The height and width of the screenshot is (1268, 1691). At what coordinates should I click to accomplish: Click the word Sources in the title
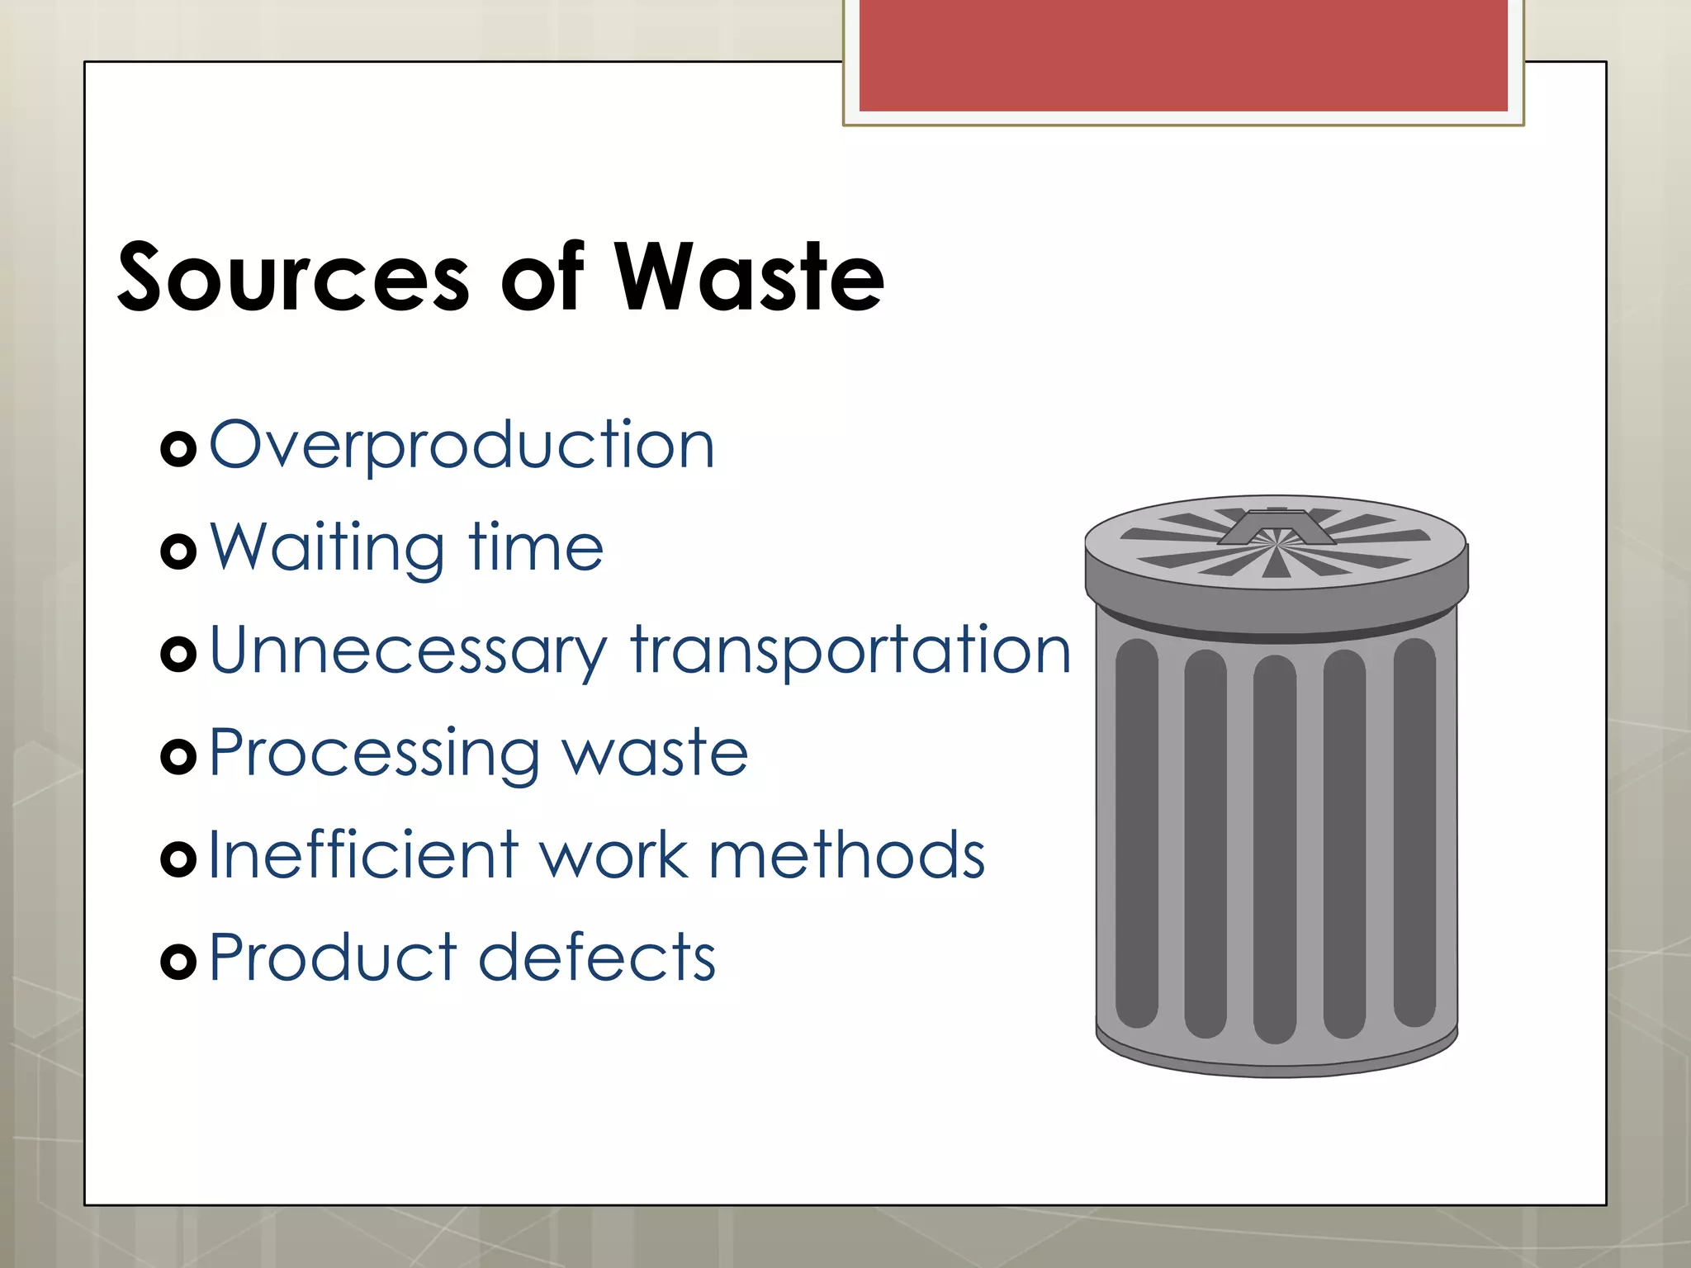pyautogui.click(x=294, y=278)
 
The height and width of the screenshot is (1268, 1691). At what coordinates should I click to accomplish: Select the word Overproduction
pyautogui.click(x=462, y=446)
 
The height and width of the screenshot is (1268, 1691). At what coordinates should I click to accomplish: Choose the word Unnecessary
pyautogui.click(x=408, y=652)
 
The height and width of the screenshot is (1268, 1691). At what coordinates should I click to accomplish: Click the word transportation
pyautogui.click(x=851, y=652)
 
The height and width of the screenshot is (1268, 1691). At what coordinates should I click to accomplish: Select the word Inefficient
pyautogui.click(x=363, y=855)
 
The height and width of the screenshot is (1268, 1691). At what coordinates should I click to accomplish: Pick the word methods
pyautogui.click(x=847, y=855)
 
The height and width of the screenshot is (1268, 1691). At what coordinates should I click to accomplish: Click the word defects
pyautogui.click(x=597, y=958)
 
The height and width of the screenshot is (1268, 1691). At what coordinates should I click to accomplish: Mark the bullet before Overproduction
pyautogui.click(x=178, y=449)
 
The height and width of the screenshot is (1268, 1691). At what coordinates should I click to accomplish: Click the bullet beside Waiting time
pyautogui.click(x=178, y=551)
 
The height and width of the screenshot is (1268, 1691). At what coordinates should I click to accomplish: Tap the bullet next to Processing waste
pyautogui.click(x=178, y=756)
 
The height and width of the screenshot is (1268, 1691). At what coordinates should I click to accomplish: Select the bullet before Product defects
pyautogui.click(x=178, y=961)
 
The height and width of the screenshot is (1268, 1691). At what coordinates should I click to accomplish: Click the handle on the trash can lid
pyautogui.click(x=1277, y=528)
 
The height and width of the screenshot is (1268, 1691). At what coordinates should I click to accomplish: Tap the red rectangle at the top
pyautogui.click(x=1183, y=55)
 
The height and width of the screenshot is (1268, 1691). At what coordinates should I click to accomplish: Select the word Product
pyautogui.click(x=333, y=958)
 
